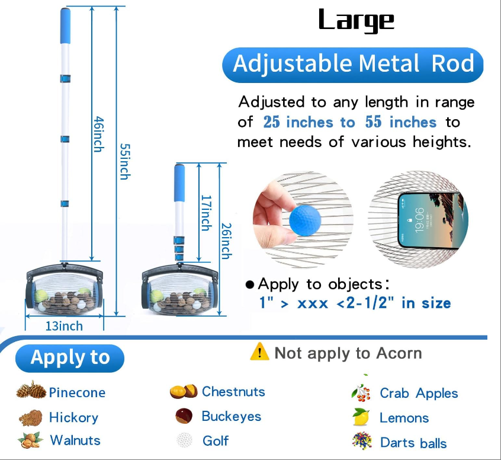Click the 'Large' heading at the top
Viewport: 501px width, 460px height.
[357, 21]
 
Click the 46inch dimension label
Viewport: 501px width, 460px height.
[98, 134]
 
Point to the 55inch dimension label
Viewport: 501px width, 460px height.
[125, 161]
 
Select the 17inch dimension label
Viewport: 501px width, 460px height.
[206, 213]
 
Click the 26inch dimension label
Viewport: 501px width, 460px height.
[226, 241]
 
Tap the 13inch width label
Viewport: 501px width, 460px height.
[64, 326]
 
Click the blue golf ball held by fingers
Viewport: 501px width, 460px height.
[304, 221]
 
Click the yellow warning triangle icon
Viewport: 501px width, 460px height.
[259, 352]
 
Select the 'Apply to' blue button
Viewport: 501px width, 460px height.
[70, 358]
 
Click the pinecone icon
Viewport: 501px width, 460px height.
[31, 390]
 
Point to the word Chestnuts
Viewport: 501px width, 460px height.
[233, 392]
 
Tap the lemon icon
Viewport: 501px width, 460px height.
[361, 417]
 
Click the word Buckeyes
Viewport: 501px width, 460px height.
[232, 417]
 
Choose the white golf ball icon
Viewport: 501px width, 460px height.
[185, 440]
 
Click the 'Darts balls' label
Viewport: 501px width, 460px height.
[413, 443]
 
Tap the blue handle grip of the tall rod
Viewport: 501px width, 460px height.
[65, 26]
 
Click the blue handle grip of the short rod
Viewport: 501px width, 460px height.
[179, 183]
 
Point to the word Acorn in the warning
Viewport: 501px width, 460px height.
[399, 353]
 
